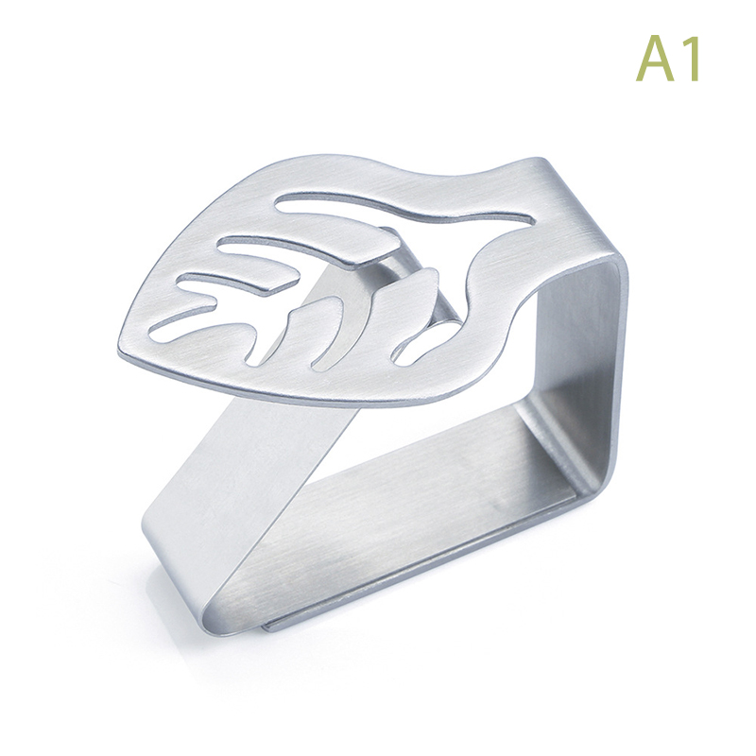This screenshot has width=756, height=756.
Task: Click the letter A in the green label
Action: pyautogui.click(x=657, y=58)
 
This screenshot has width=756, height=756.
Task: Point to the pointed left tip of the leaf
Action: pyautogui.click(x=120, y=351)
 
